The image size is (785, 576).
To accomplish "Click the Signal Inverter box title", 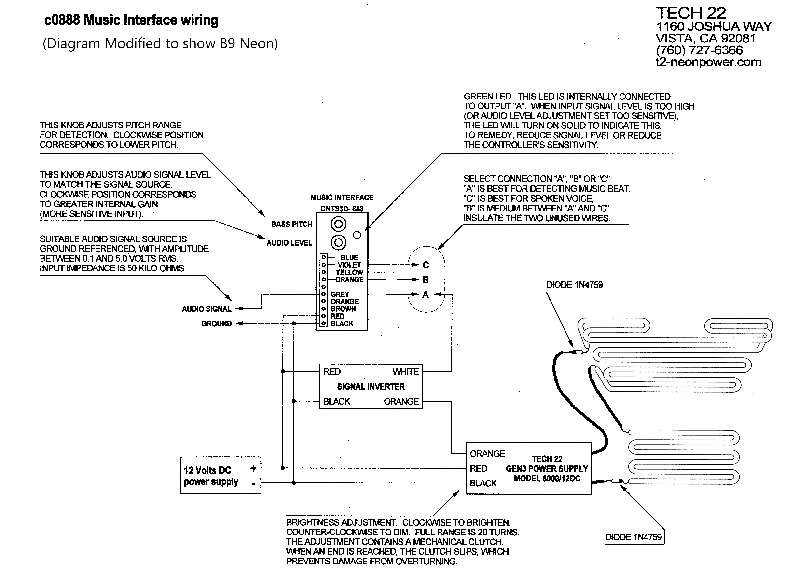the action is pos(371,387).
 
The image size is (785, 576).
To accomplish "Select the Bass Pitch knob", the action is pos(338,224).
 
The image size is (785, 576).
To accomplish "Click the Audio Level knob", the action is pos(338,242).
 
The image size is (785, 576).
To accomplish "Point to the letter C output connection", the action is pos(426,265).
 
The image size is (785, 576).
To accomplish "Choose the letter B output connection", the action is pos(426,280).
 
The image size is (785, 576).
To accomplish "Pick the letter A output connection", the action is pos(426,295).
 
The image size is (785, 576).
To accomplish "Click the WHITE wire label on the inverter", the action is pos(406,372).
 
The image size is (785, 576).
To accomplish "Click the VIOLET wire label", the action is pos(349,265).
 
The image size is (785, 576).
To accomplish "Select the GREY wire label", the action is pos(340,294).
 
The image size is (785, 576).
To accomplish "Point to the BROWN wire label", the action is pos(343,309).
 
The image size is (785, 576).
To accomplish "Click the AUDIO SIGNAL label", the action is pos(207,309).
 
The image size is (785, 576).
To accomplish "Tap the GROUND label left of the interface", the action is pos(217,323).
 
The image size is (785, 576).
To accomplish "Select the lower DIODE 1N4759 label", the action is pos(633,537).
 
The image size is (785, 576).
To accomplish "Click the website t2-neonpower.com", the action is pos(709,62).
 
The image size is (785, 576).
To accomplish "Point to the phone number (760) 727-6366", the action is pos(700,50).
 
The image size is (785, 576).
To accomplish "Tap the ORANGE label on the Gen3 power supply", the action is pos(487,454).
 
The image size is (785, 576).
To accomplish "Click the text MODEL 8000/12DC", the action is pos(547,478).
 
